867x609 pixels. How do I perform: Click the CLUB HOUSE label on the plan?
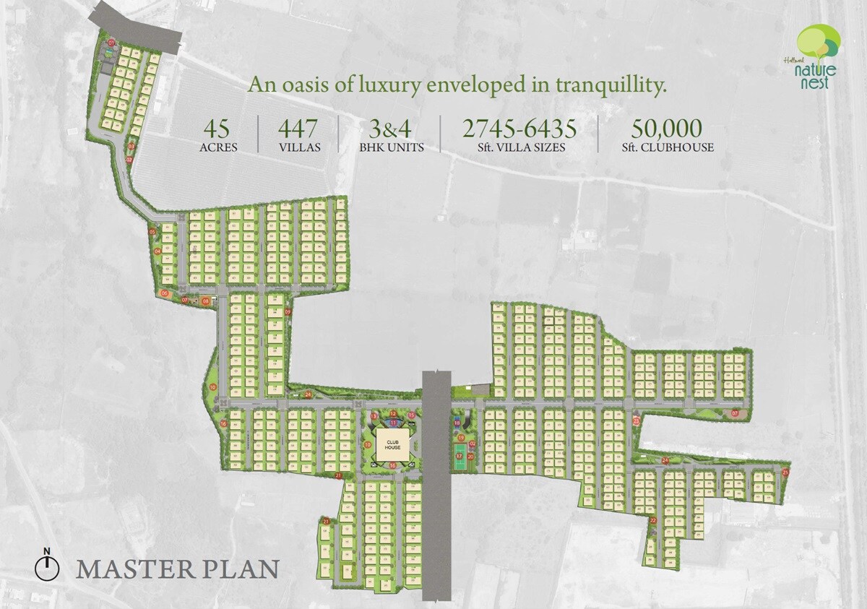point(392,445)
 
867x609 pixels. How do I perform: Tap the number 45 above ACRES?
point(217,129)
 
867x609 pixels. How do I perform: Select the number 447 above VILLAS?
point(298,129)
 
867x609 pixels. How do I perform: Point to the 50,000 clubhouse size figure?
point(666,129)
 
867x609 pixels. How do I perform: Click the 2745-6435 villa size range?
point(519,129)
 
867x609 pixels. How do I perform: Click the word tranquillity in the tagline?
point(608,86)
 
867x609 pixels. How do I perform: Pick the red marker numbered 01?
point(112,43)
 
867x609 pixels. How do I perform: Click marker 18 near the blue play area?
point(457,423)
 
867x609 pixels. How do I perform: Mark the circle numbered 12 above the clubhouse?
point(393,414)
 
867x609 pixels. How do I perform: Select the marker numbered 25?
point(785,472)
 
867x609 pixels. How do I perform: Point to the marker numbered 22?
point(652,520)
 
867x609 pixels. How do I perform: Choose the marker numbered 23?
point(637,420)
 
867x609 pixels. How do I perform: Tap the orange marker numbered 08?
point(206,301)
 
